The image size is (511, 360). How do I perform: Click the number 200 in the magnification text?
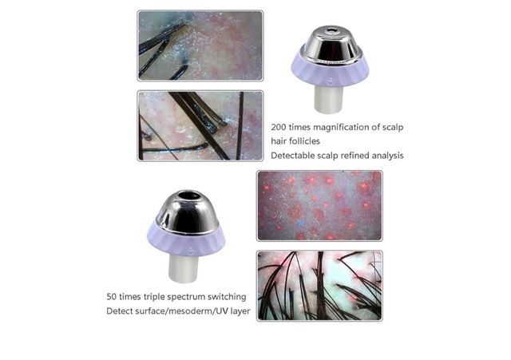[x=279, y=127]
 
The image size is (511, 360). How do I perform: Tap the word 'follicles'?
[x=304, y=141]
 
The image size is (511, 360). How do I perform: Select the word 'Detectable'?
[x=291, y=156]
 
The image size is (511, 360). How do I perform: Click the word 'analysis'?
[x=387, y=156]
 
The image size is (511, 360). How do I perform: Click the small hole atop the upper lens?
[x=332, y=31]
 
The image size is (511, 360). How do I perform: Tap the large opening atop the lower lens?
[x=189, y=196]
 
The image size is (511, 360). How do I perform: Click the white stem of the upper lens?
[x=328, y=99]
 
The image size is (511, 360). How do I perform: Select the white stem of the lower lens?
[x=183, y=268]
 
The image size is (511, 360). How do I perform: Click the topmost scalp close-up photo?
[x=200, y=45]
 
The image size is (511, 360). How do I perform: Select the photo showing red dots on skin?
[x=319, y=206]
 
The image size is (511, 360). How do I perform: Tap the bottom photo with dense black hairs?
[x=319, y=286]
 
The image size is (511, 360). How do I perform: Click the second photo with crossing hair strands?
[x=200, y=126]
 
